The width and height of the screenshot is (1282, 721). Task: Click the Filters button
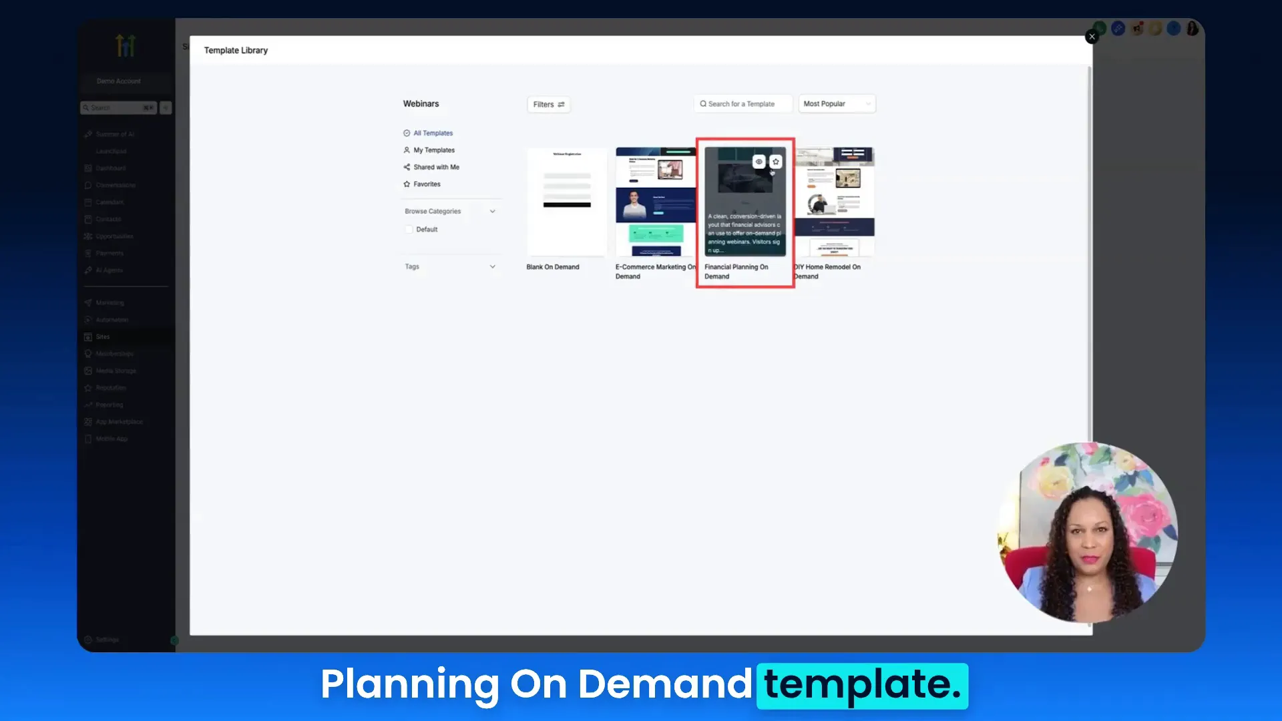coord(548,105)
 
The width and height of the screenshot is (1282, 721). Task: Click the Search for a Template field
coord(742,104)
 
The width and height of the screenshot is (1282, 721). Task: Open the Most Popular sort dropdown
coord(837,104)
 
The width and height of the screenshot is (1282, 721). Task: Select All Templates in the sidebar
coord(432,134)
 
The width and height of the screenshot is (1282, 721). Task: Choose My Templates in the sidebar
coord(433,150)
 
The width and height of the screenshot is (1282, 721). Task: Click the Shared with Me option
coord(435,168)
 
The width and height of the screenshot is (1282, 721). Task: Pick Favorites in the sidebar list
coord(426,184)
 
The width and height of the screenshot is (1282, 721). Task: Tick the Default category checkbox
coord(409,230)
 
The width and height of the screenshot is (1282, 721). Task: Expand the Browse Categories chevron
coord(493,212)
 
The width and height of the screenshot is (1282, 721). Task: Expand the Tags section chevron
coord(493,267)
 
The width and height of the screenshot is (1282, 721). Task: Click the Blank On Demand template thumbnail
coord(567,202)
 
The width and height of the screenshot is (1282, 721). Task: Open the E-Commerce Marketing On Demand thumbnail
coord(655,202)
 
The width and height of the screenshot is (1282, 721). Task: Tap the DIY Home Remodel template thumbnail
coord(835,202)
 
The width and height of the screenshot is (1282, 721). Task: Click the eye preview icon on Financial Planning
coord(759,162)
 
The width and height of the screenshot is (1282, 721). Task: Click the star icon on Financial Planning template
coord(776,162)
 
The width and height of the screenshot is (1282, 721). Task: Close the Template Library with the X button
coord(1092,37)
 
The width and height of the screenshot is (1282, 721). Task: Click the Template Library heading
coord(236,51)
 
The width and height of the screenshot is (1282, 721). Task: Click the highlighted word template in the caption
coord(862,685)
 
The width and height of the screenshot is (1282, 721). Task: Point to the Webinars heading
coord(421,104)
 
